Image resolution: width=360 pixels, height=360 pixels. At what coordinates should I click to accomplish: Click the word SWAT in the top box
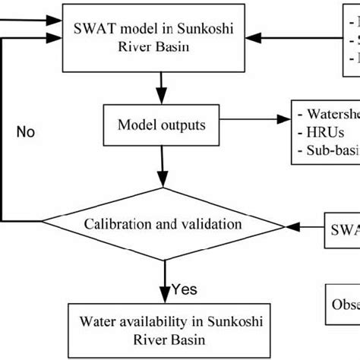[x=95, y=29]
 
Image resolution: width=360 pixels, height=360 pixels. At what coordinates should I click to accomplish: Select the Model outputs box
[x=160, y=123]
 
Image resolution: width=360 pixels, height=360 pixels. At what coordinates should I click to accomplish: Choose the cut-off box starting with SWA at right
[x=343, y=226]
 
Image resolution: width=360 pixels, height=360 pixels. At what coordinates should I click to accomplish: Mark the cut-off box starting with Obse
[x=343, y=302]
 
